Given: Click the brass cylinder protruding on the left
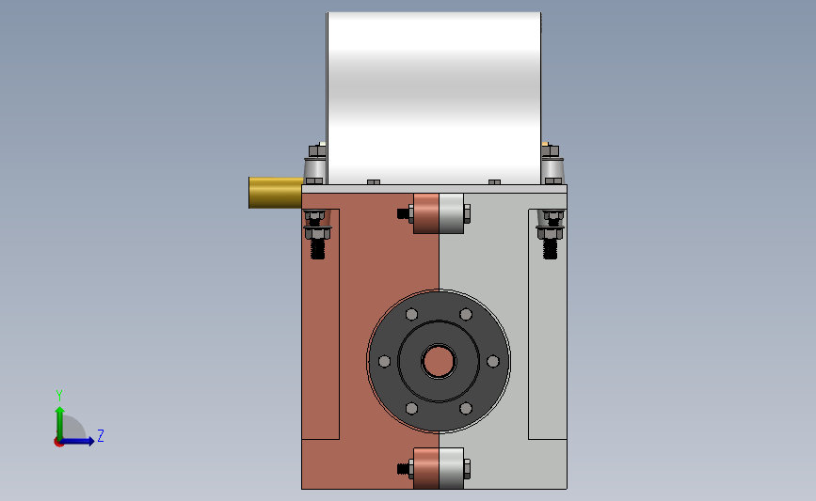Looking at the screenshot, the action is (x=276, y=193).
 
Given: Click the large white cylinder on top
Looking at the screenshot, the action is (x=434, y=98).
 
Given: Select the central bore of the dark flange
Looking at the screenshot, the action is (x=439, y=361).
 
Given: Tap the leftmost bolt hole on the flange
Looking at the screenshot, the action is (x=384, y=361).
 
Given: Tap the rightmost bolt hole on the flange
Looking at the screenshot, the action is (x=493, y=361).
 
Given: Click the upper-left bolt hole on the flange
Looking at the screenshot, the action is (x=411, y=315).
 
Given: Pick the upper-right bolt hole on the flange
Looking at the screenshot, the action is (x=466, y=315).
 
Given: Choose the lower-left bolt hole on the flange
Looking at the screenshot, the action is (x=411, y=409).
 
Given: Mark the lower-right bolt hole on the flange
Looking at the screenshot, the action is (x=466, y=409).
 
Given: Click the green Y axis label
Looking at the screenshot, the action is (x=59, y=396).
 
